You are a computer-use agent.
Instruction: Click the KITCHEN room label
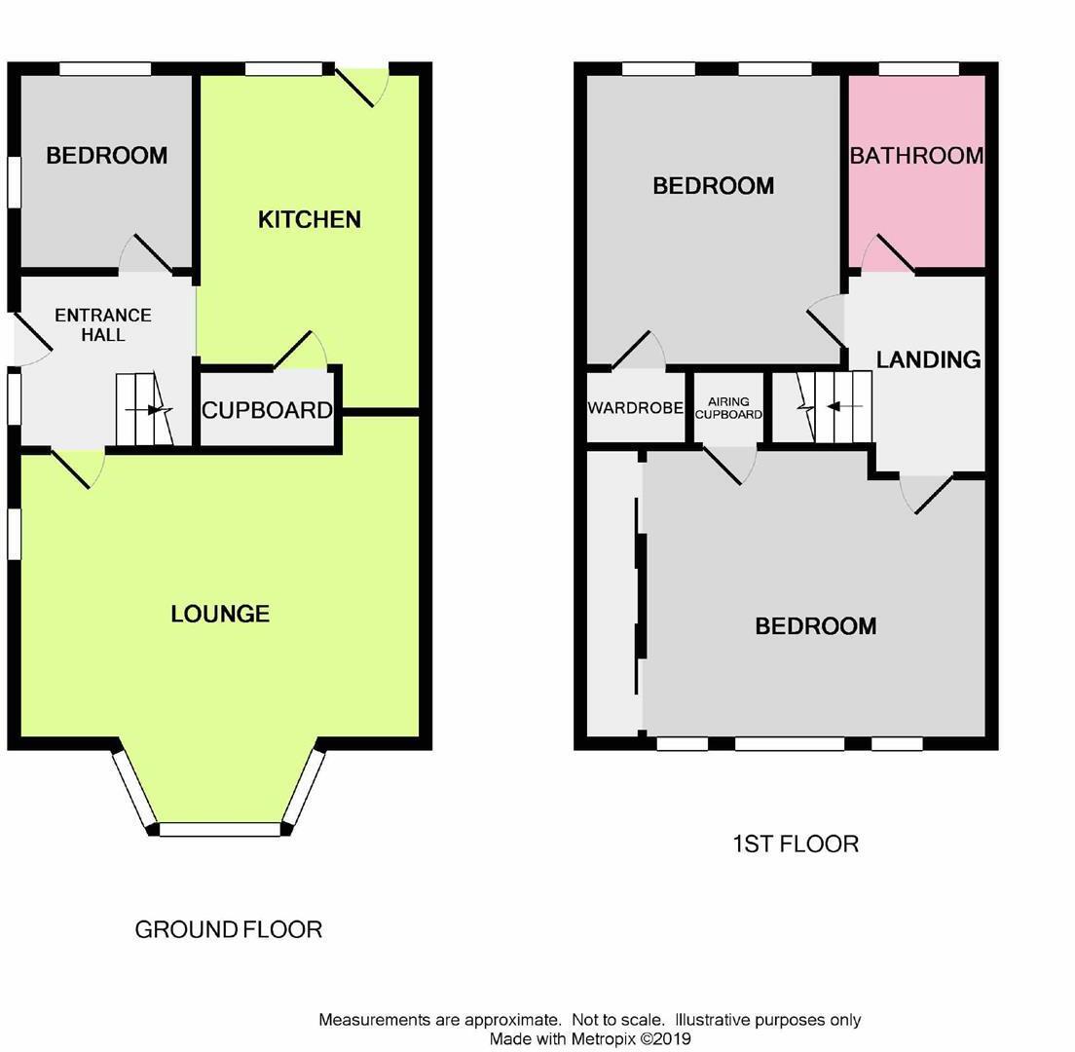[x=310, y=220]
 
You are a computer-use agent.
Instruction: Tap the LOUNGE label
[x=220, y=614]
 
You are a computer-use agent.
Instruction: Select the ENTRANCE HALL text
[x=103, y=325]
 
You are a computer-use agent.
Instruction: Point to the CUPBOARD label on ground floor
[x=267, y=410]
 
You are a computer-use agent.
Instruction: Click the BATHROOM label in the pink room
[x=916, y=156]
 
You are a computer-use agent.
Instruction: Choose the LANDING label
[x=928, y=359]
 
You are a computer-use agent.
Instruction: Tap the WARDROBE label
[x=635, y=408]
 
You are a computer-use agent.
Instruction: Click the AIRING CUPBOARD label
[x=728, y=408]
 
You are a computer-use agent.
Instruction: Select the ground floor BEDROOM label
[x=106, y=156]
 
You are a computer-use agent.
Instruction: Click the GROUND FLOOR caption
[x=228, y=929]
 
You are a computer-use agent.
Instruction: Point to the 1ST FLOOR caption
[x=795, y=844]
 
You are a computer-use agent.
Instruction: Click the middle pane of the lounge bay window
[x=219, y=830]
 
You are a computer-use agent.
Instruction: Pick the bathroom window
[x=918, y=69]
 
